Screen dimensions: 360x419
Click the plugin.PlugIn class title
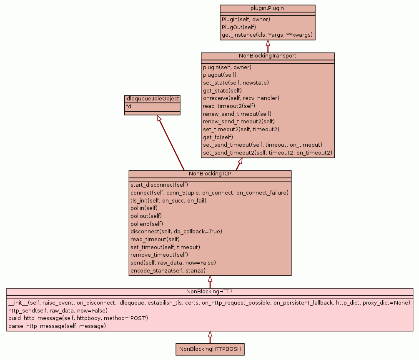point(267,8)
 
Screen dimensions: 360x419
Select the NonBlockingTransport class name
point(267,56)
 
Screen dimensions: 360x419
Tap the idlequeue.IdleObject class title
point(152,99)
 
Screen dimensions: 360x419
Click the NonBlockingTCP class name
point(210,174)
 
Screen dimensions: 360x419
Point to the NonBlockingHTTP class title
point(210,291)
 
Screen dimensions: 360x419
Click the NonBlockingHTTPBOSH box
point(210,349)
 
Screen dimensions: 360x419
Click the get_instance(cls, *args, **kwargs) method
point(267,35)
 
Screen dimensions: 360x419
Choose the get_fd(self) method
point(218,137)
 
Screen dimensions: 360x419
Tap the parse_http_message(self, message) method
point(57,326)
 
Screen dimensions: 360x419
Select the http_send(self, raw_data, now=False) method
point(58,311)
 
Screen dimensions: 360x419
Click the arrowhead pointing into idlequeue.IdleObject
point(159,119)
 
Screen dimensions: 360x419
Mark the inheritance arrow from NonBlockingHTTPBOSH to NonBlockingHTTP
point(210,337)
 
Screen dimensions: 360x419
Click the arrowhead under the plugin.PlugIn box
point(268,43)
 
